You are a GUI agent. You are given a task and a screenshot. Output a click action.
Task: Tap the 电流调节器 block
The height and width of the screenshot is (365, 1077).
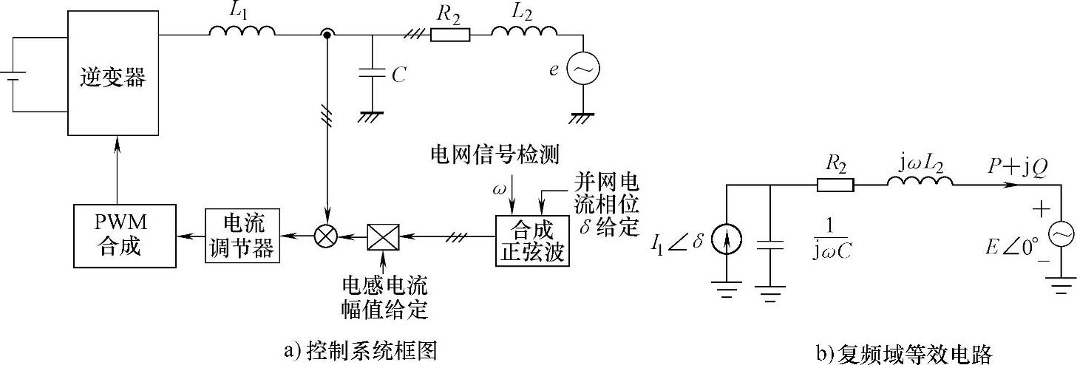pos(241,236)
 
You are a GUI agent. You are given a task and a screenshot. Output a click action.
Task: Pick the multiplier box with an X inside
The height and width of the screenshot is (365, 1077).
pos(383,236)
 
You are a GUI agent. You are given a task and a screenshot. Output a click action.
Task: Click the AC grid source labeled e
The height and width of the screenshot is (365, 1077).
pos(583,69)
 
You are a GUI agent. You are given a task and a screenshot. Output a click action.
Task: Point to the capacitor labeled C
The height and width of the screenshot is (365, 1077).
pos(372,73)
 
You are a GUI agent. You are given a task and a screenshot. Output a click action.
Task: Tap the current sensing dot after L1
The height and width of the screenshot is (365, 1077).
pos(325,34)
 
